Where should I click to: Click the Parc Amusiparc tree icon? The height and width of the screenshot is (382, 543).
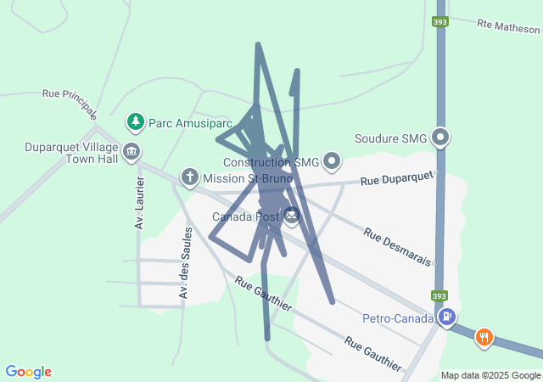(x=134, y=122)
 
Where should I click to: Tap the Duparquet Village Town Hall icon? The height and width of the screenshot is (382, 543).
(x=132, y=153)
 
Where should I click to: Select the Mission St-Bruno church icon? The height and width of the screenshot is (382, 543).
(x=190, y=177)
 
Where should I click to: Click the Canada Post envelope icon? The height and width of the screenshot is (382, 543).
(x=291, y=216)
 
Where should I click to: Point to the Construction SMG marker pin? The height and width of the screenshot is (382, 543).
(x=332, y=160)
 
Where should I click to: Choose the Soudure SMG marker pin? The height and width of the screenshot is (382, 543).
(x=439, y=137)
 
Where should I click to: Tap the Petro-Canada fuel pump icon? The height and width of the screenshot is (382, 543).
(x=446, y=318)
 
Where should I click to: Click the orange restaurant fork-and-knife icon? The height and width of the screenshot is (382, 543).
(x=484, y=337)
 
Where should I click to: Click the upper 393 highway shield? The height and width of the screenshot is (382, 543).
(x=439, y=22)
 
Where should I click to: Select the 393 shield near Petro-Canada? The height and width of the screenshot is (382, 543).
(x=438, y=296)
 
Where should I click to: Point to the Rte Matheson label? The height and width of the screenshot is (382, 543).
(x=508, y=27)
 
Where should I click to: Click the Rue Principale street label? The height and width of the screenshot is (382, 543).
(x=70, y=103)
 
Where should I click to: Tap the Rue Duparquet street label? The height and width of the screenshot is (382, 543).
(x=396, y=179)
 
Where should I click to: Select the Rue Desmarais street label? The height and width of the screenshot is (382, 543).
(x=397, y=245)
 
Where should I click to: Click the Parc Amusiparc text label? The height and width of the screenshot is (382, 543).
(x=190, y=122)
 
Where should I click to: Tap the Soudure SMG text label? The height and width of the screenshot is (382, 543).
(x=390, y=138)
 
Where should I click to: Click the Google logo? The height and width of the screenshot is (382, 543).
(x=28, y=372)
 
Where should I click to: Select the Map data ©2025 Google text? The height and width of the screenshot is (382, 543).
(x=490, y=375)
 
